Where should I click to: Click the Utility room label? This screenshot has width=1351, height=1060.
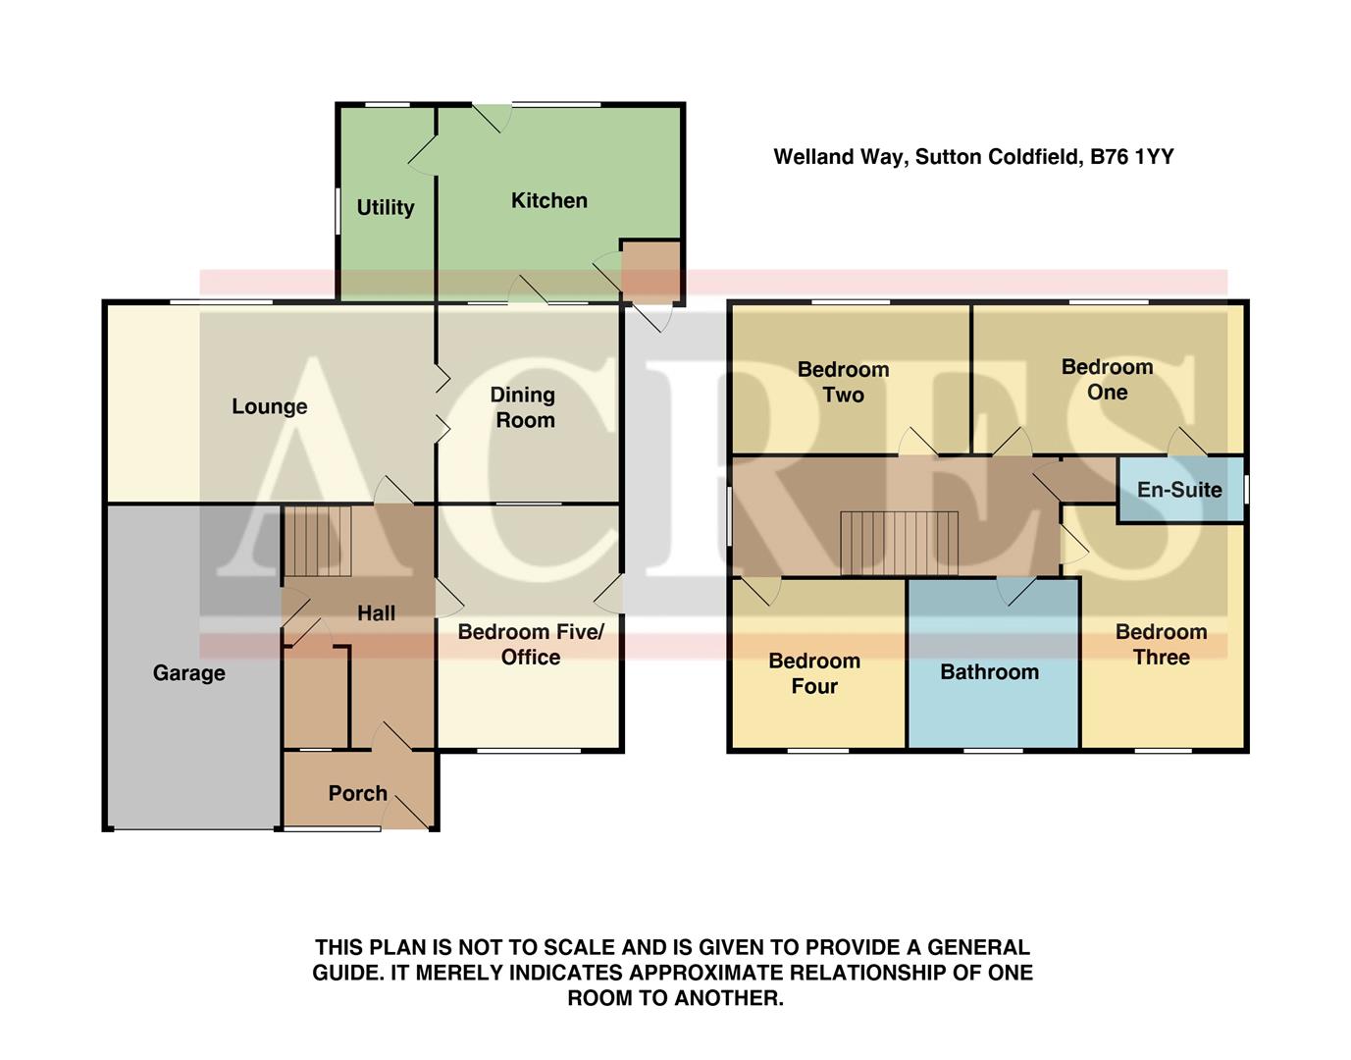pos(385,207)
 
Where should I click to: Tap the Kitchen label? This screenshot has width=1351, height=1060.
pos(549,200)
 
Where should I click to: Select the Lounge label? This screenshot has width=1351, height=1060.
pos(270,406)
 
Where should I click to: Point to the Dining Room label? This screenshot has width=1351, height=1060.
pos(524,407)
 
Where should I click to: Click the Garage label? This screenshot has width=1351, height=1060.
pos(189,673)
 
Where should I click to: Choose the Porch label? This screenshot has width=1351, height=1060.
pos(357,793)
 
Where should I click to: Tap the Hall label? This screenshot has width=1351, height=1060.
pos(376,613)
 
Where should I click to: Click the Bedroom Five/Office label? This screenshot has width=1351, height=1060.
pos(531,645)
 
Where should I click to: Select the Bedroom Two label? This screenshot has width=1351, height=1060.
pos(843,382)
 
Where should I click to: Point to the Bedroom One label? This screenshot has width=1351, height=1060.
pos(1107,379)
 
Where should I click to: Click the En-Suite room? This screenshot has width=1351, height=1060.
pos(1180,489)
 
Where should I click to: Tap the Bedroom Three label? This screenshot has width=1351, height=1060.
pos(1161,645)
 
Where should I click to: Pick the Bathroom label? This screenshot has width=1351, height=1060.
pos(989,672)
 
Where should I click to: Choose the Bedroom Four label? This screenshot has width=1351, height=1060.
pos(814,673)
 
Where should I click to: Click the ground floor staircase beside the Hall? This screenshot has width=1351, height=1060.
pos(317,541)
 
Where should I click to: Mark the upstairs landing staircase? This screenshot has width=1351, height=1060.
pos(899,542)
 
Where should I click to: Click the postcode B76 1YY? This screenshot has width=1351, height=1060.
pos(1132,157)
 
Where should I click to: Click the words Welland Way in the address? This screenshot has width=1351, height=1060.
pos(839,157)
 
